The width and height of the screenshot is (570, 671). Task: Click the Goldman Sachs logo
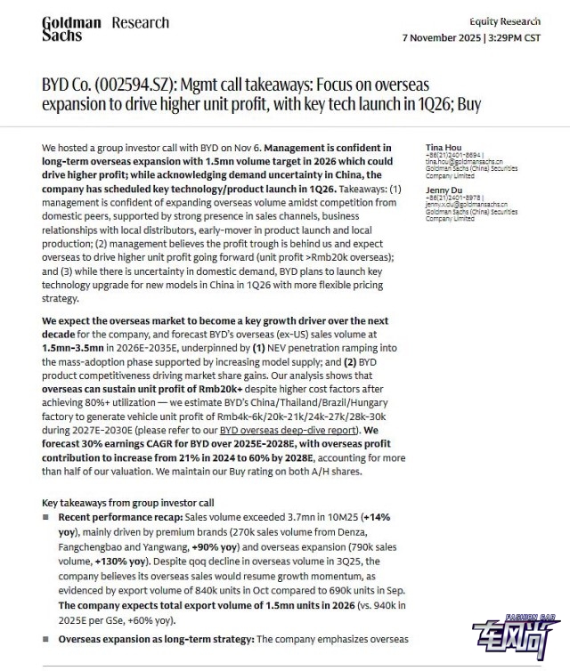(x=71, y=28)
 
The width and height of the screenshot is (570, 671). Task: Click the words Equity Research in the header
(x=505, y=21)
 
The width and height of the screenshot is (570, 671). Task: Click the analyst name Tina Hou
(x=444, y=146)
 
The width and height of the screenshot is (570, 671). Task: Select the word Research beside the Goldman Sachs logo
(x=140, y=22)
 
